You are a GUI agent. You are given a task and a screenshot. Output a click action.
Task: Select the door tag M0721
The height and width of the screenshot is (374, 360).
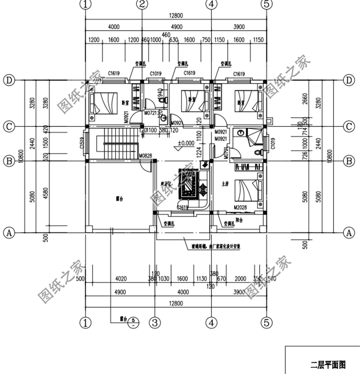tap(152, 112)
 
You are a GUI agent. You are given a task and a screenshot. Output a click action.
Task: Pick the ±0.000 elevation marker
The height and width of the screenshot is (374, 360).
tap(186, 143)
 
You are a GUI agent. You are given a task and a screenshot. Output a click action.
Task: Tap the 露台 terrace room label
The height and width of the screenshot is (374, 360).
tap(119, 198)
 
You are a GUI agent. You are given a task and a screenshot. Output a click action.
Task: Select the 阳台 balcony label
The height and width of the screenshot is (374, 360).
tap(239, 220)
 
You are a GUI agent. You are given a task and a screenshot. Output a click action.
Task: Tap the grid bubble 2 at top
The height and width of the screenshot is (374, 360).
tap(142, 5)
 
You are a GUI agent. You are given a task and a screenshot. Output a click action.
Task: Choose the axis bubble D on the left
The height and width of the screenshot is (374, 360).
tap(8, 80)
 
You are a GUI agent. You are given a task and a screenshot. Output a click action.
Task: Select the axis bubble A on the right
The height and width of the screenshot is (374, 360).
tap(349, 232)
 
